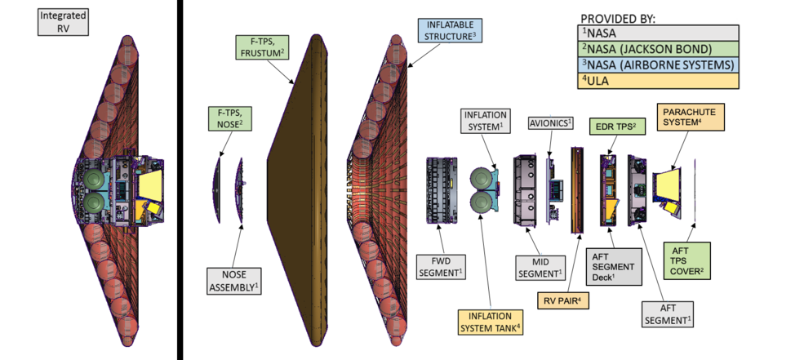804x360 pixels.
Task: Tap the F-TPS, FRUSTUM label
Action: point(260,47)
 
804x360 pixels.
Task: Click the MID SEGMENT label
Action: point(539,266)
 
